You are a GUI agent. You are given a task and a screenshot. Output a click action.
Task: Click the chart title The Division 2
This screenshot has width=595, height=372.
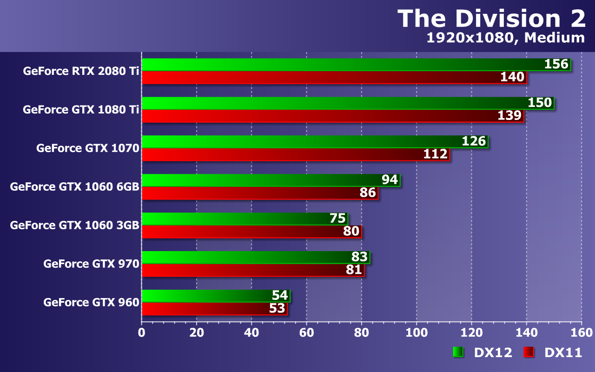click(x=491, y=19)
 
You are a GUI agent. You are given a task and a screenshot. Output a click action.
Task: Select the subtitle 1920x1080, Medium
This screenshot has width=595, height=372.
click(x=506, y=38)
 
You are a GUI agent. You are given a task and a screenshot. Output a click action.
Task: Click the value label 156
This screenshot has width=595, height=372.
click(x=556, y=64)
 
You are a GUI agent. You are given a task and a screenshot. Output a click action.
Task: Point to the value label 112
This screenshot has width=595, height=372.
click(x=435, y=154)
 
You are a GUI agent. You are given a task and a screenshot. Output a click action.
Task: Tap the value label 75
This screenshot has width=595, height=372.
click(x=337, y=218)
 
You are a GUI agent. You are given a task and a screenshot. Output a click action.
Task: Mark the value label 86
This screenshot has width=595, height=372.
click(x=368, y=193)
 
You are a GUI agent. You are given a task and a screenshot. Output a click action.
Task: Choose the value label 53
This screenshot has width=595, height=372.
click(x=277, y=308)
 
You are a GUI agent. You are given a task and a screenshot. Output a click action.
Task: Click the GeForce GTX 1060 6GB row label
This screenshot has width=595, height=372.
click(x=75, y=187)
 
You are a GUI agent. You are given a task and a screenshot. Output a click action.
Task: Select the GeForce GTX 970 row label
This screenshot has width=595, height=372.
click(x=91, y=264)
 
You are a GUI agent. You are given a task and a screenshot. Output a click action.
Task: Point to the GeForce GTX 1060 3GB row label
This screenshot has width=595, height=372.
click(x=75, y=226)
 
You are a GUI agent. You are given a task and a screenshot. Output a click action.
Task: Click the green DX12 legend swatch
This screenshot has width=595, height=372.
click(x=458, y=352)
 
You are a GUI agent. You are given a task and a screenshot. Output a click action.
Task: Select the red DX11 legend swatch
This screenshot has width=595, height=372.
click(x=529, y=352)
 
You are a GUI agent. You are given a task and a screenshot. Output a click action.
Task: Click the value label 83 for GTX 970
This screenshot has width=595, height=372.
click(x=359, y=257)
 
